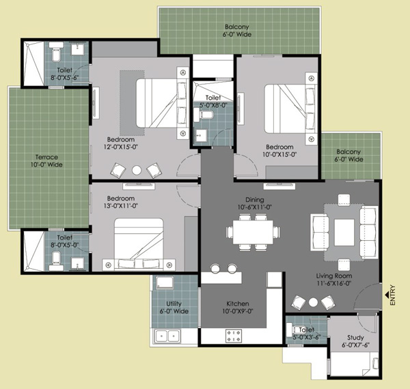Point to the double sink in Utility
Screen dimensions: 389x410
click(x=167, y=335)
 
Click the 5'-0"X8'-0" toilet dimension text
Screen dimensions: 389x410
click(x=214, y=105)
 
